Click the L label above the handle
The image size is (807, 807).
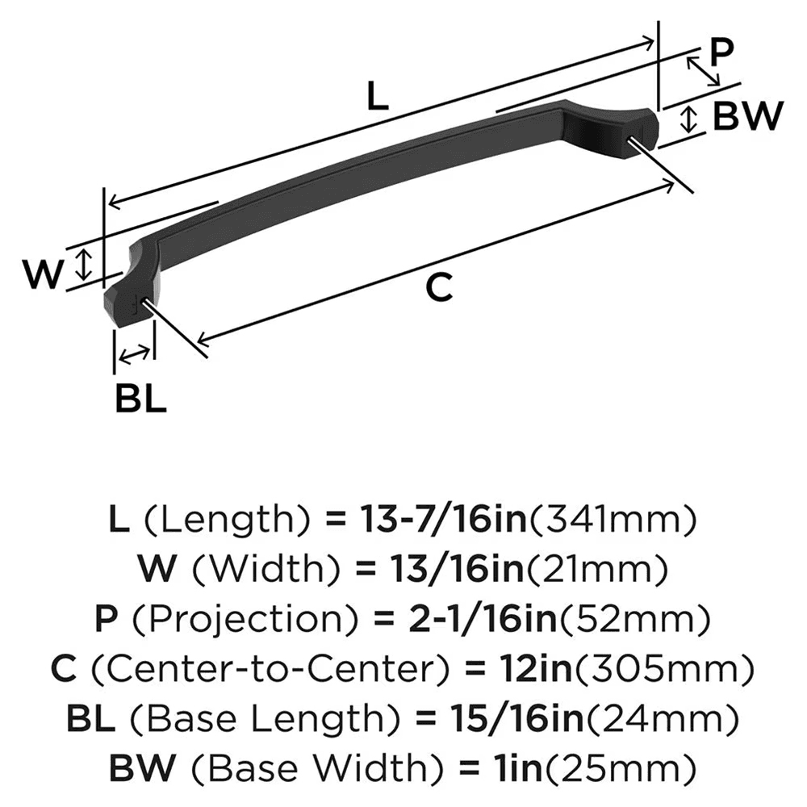coord(377,97)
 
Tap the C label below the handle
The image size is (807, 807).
coord(438,287)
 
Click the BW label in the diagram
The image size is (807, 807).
coord(748,118)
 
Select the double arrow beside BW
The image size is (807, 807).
coord(688,119)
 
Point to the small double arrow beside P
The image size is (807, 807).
coord(702,71)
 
